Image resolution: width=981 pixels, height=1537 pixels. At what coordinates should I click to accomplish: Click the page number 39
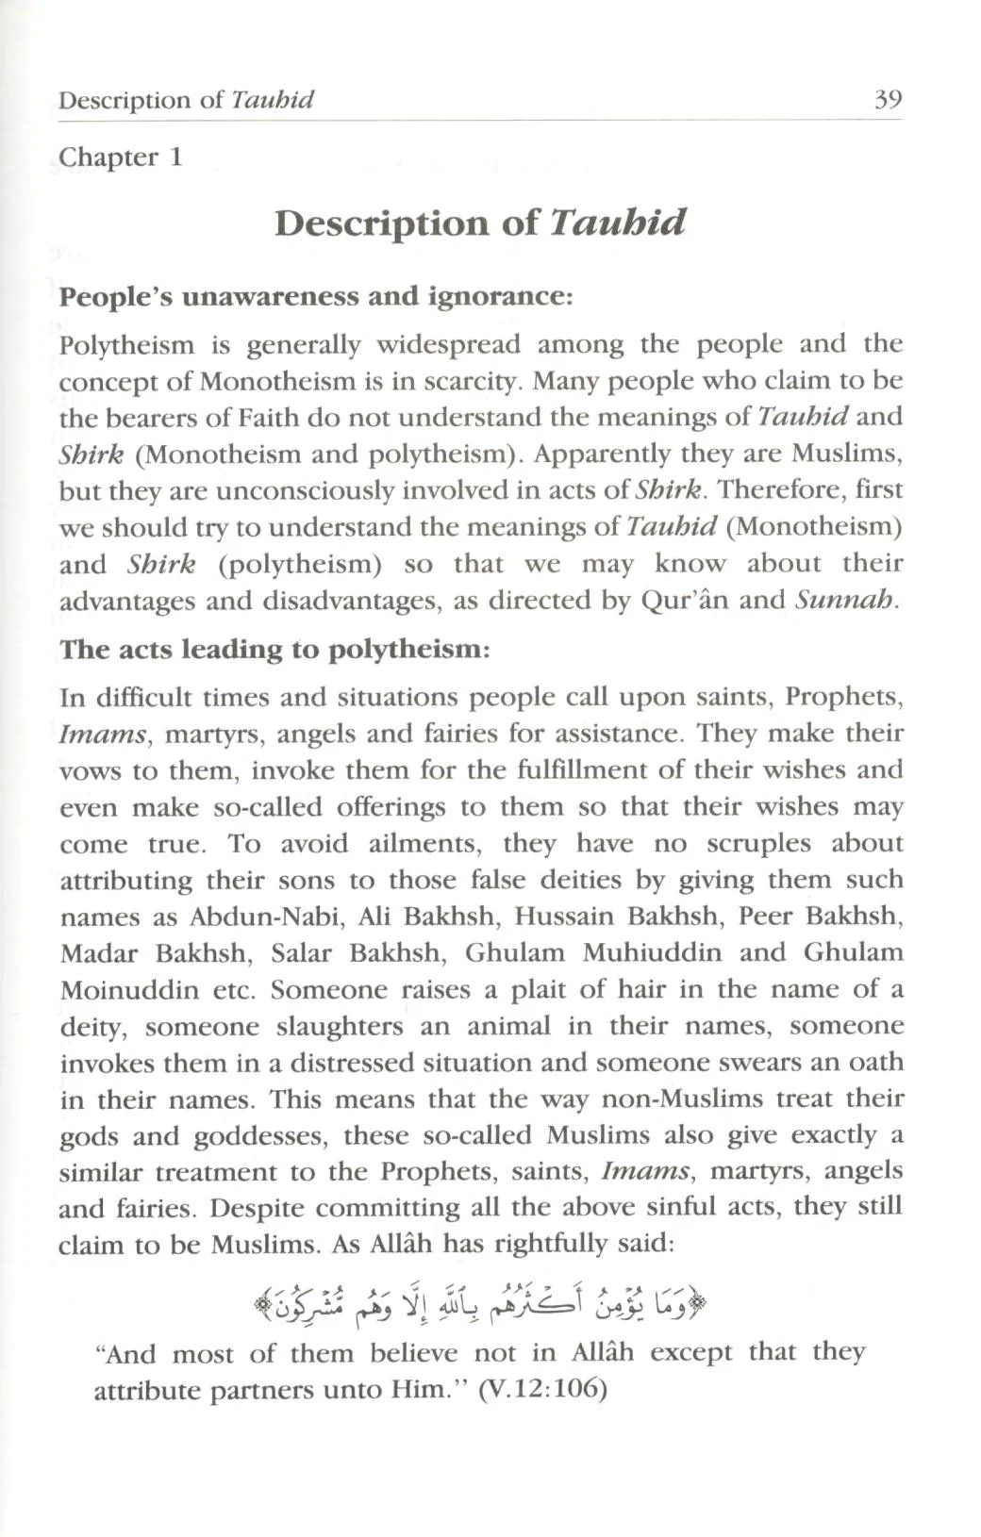pos(888,99)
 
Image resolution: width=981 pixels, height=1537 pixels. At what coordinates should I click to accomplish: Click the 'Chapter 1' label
pos(120,157)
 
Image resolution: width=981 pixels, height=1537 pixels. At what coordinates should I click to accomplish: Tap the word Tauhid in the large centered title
pos(617,223)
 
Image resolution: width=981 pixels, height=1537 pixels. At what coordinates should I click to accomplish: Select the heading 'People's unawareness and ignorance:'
pos(316,296)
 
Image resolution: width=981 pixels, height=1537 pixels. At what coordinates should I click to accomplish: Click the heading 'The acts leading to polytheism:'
pos(274,650)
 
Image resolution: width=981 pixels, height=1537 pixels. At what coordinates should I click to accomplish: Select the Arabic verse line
pos(481,1304)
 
